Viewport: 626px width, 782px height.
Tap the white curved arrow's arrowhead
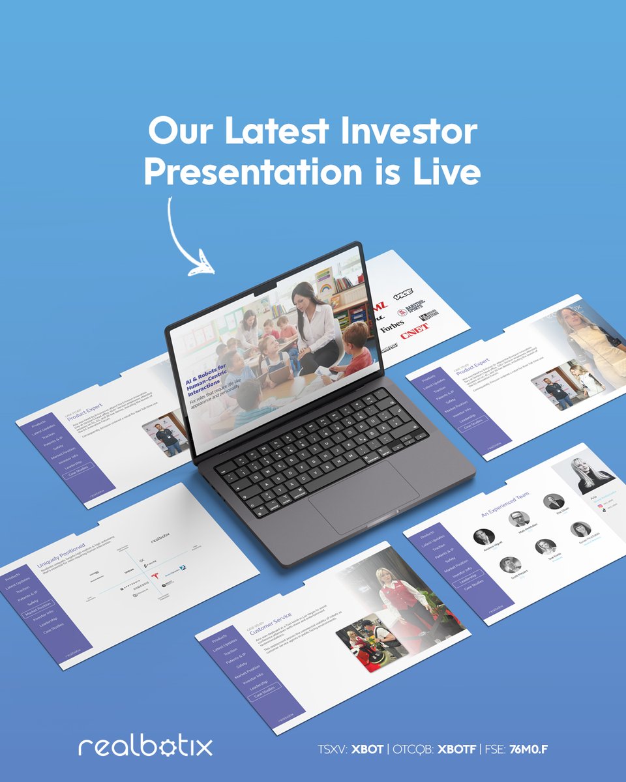pos(203,265)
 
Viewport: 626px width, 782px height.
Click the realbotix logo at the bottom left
pos(145,746)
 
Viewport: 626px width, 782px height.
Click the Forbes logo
pos(392,323)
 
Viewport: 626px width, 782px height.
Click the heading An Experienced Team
pos(505,506)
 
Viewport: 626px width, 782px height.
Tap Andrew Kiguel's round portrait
pos(484,537)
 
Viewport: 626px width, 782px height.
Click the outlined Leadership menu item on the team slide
pos(466,579)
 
